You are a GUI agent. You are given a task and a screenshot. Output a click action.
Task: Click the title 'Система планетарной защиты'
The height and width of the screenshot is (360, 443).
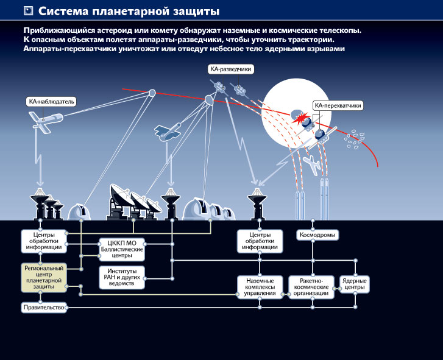coord(129,11)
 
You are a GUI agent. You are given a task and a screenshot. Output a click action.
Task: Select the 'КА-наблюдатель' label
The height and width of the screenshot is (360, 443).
coord(52,101)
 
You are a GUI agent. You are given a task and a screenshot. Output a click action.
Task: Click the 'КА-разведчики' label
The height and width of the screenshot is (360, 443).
coord(230,69)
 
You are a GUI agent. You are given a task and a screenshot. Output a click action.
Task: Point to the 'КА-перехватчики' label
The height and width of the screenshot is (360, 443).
coord(338,105)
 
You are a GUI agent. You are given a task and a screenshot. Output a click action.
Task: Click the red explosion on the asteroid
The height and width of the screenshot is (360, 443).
coord(301,121)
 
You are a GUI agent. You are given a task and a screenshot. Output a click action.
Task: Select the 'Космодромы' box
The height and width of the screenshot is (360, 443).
coord(317,235)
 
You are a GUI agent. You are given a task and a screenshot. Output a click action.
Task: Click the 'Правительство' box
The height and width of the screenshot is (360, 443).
coord(43,307)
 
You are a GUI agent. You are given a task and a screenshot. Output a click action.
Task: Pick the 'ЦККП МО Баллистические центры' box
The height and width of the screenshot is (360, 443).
coord(121,249)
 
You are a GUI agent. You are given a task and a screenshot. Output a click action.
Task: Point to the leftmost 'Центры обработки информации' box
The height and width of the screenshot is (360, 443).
coord(43,241)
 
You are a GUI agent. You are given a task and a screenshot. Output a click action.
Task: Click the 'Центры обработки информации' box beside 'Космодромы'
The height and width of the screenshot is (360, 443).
coord(260,241)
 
